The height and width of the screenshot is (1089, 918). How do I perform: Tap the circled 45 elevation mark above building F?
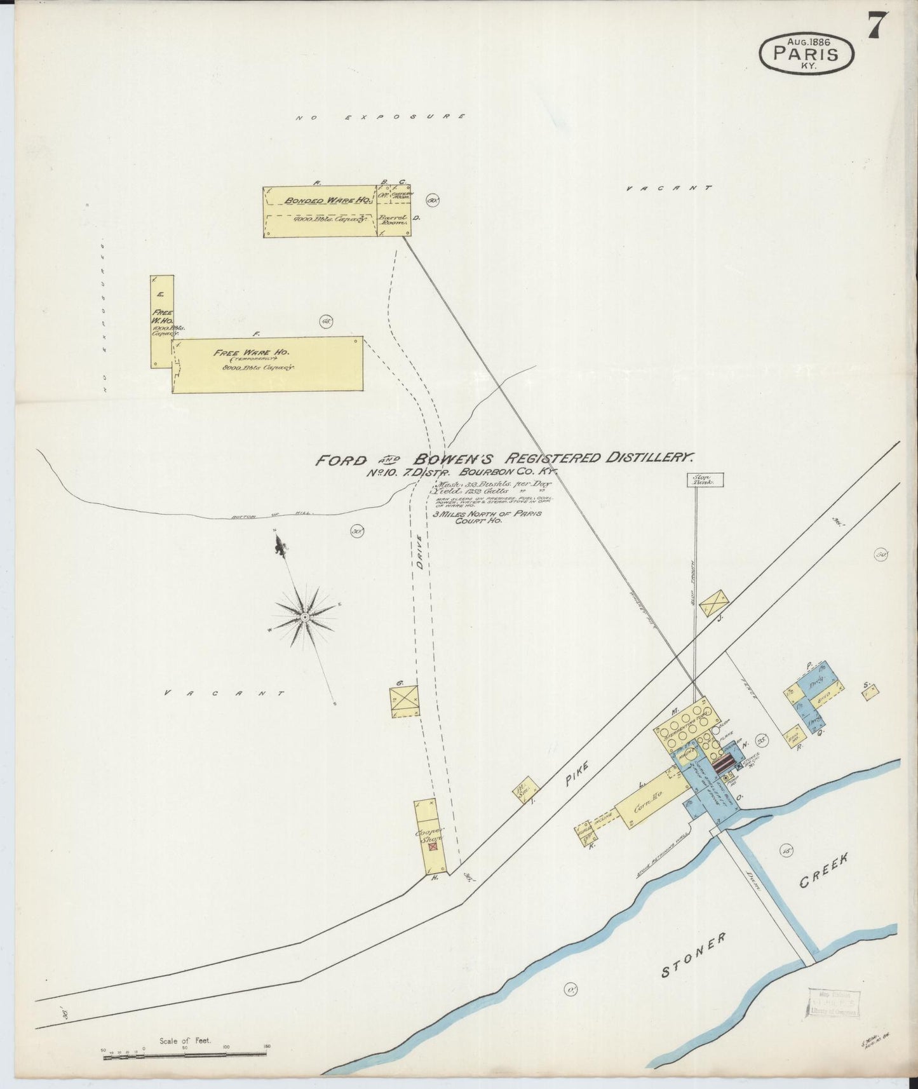coord(327,321)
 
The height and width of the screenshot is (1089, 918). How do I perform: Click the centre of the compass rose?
coord(304,617)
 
